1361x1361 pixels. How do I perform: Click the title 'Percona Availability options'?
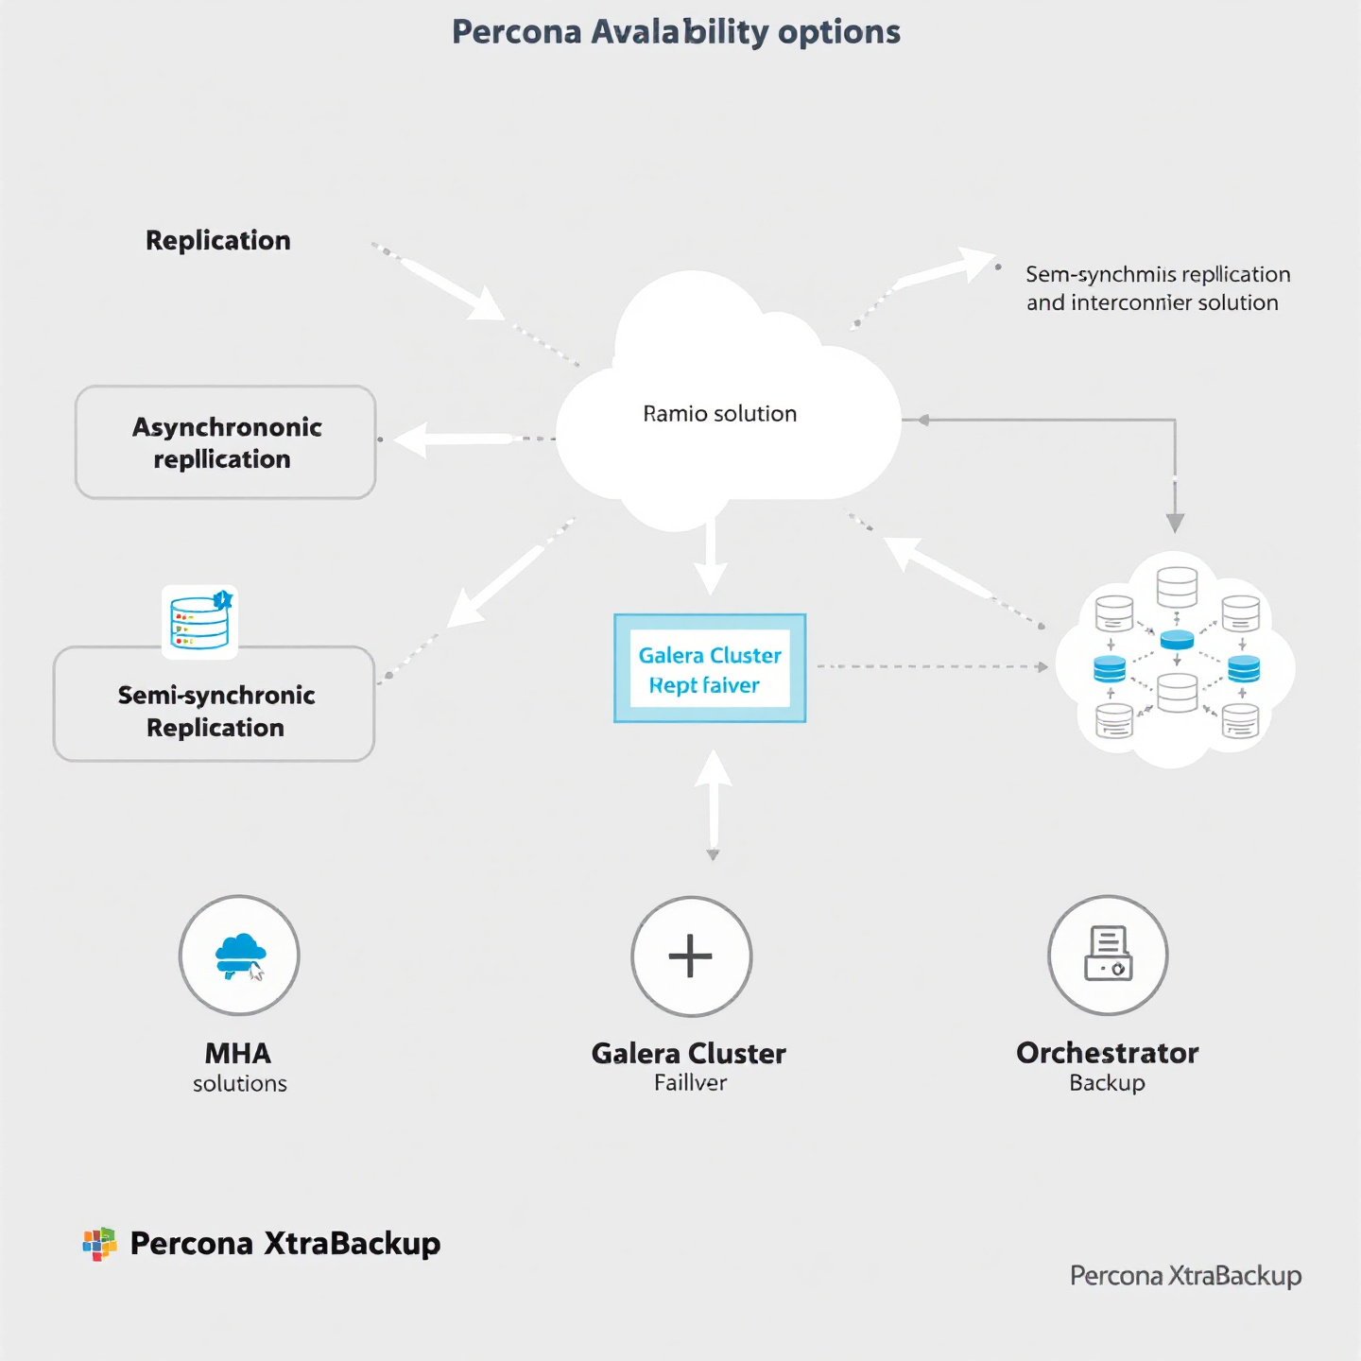click(676, 32)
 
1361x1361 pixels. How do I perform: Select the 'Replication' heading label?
click(218, 241)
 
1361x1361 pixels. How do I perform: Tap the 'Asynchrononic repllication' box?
click(226, 442)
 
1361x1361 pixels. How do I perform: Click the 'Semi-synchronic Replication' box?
click(215, 711)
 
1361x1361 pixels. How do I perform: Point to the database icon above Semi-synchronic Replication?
click(199, 621)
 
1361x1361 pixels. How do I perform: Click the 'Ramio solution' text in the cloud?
click(719, 414)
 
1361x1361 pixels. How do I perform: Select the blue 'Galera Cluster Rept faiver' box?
click(710, 669)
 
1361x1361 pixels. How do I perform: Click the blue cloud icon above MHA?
click(240, 956)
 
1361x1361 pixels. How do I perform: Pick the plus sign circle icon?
click(691, 956)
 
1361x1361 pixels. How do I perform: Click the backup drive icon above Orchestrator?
click(1108, 955)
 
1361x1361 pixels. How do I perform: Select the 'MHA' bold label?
click(238, 1053)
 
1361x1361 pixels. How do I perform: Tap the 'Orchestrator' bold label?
click(1107, 1053)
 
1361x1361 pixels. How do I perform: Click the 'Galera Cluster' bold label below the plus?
click(688, 1053)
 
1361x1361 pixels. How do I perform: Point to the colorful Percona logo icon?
click(99, 1244)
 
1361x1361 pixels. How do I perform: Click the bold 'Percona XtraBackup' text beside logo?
click(284, 1244)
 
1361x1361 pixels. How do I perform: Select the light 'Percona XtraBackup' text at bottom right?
click(1185, 1276)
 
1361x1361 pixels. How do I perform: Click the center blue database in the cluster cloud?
click(1177, 640)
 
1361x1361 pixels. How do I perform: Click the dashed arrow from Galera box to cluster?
click(931, 667)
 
